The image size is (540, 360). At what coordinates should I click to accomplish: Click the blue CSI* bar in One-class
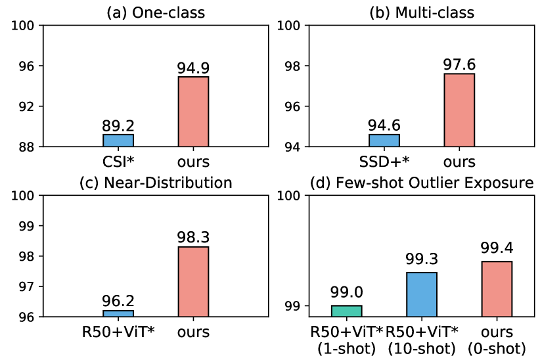pyautogui.click(x=118, y=140)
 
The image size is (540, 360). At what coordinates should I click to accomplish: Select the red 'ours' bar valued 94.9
pyautogui.click(x=193, y=112)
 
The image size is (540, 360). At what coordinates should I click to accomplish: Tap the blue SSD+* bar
pyautogui.click(x=384, y=140)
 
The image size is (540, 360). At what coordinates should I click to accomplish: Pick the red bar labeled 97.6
pyautogui.click(x=459, y=110)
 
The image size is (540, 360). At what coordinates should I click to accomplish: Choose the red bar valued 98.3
pyautogui.click(x=193, y=282)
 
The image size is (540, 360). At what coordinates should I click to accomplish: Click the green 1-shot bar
pyautogui.click(x=346, y=311)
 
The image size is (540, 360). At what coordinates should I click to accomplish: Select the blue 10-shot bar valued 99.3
pyautogui.click(x=421, y=294)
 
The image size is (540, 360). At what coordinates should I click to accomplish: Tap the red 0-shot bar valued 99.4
pyautogui.click(x=497, y=289)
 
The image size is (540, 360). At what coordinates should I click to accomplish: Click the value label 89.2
pyautogui.click(x=118, y=125)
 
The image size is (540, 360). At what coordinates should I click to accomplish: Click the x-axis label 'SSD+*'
pyautogui.click(x=384, y=162)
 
